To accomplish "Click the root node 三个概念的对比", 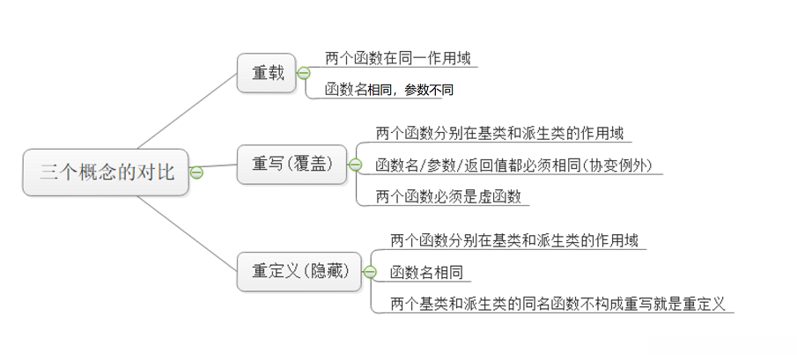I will pyautogui.click(x=106, y=172).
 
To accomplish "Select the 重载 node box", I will pyautogui.click(x=268, y=73).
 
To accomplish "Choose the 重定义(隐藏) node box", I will pyautogui.click(x=299, y=271).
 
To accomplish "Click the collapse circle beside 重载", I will pyautogui.click(x=304, y=73).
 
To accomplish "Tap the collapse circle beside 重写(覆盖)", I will pyautogui.click(x=355, y=165).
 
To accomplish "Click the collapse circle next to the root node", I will pyautogui.click(x=196, y=173).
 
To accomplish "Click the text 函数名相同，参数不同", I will pyautogui.click(x=388, y=90).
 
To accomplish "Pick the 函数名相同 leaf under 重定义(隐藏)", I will pyautogui.click(x=426, y=272).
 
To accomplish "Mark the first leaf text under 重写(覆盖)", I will pyautogui.click(x=499, y=134).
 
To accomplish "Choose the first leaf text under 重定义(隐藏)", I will pyautogui.click(x=514, y=239).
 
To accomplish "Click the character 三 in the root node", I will pyautogui.click(x=49, y=173).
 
